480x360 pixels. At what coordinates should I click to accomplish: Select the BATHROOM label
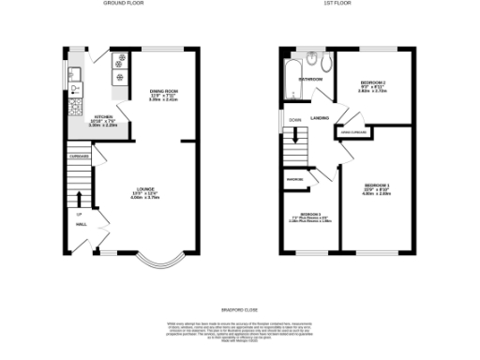click(x=311, y=80)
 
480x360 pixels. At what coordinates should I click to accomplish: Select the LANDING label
click(x=319, y=118)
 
